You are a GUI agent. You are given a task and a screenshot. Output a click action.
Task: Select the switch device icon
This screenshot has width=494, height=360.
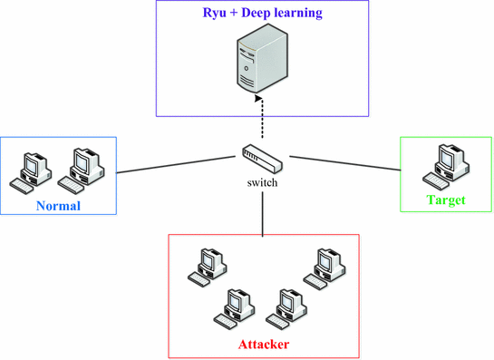pos(261,160)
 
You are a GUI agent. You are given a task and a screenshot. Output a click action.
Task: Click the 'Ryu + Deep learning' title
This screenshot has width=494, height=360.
pos(262,14)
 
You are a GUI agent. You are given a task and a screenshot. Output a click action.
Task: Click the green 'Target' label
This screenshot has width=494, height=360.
pos(444,199)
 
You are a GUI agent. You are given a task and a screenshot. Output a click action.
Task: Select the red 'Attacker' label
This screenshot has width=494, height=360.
pos(264,345)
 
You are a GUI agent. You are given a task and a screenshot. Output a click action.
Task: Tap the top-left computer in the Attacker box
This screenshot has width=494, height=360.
pos(204,266)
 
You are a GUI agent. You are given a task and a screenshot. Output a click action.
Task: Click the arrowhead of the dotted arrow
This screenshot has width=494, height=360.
pos(261,97)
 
